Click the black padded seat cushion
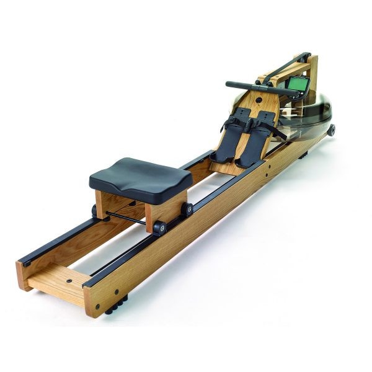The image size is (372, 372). point(140,174)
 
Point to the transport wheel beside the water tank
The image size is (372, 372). point(332,130)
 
